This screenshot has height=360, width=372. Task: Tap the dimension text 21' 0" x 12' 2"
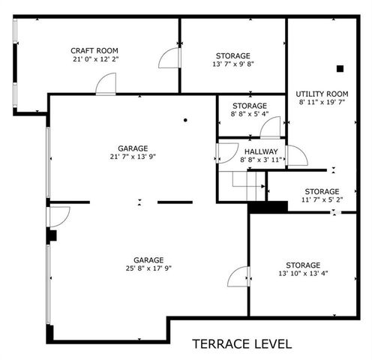pyautogui.click(x=95, y=58)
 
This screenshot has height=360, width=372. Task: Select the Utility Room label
pyautogui.click(x=322, y=94)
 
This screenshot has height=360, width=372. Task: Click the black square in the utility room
pyautogui.click(x=340, y=68)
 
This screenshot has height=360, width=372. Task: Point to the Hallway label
pyautogui.click(x=259, y=151)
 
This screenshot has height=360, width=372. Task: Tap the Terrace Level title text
pyautogui.click(x=242, y=343)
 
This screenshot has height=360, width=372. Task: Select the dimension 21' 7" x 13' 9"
pyautogui.click(x=132, y=157)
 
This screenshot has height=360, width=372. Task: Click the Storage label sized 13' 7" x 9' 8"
pyautogui.click(x=233, y=55)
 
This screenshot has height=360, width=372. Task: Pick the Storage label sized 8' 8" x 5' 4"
pyautogui.click(x=250, y=106)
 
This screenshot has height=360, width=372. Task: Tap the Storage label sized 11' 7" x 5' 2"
pyautogui.click(x=321, y=191)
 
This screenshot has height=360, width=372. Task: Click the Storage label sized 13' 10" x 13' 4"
pyautogui.click(x=302, y=265)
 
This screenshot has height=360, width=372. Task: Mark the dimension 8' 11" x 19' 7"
pyautogui.click(x=322, y=103)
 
